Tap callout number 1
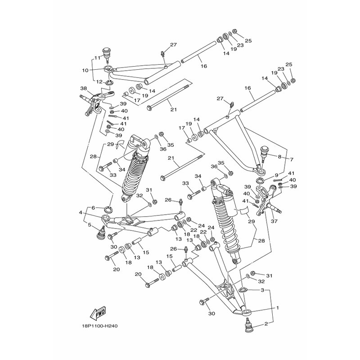[278, 308]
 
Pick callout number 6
[93, 207]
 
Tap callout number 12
[99, 81]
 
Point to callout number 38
[83, 89]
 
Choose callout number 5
[90, 225]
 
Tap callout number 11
[96, 58]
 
